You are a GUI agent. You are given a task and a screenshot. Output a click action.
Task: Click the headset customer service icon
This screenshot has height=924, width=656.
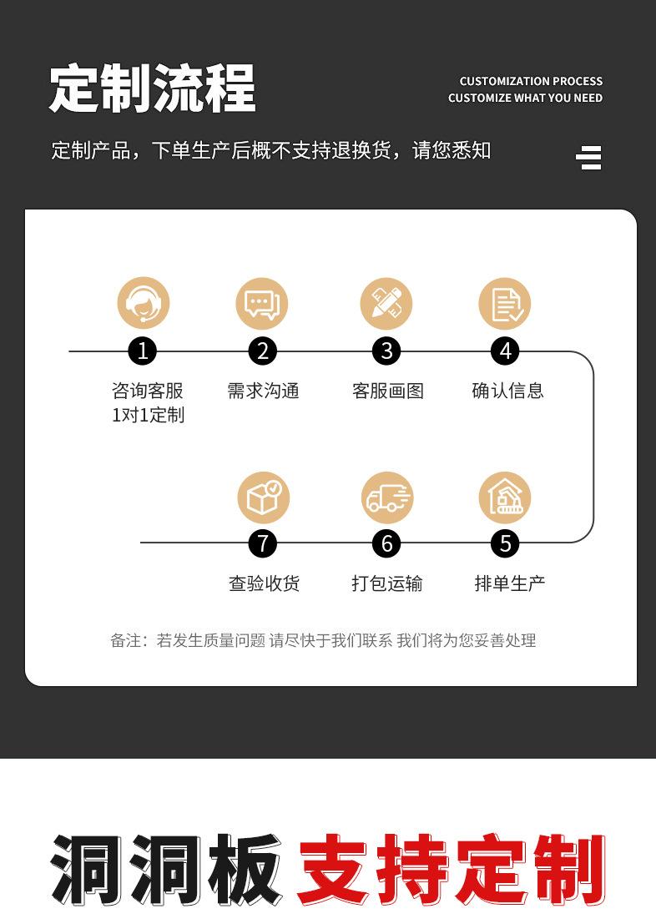[144, 303]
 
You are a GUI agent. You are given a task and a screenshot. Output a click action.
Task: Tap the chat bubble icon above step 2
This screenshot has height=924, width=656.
[262, 303]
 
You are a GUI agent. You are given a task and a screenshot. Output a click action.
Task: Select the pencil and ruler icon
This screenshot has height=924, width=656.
[386, 303]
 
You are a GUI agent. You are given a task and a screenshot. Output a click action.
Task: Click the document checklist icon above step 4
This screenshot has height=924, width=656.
[505, 303]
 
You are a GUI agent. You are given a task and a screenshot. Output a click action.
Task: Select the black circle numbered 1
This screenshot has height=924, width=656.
[143, 351]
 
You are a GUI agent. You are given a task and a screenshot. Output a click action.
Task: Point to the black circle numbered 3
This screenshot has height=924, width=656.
[386, 351]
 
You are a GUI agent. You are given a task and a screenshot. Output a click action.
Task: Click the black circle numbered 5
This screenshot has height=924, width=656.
[505, 543]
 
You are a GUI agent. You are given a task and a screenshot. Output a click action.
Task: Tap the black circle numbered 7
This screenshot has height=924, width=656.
[263, 543]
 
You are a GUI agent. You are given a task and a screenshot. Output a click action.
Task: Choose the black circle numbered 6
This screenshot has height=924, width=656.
[386, 543]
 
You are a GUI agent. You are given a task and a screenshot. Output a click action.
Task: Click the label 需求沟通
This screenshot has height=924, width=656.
[264, 391]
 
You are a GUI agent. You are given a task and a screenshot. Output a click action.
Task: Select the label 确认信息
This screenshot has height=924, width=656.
[507, 391]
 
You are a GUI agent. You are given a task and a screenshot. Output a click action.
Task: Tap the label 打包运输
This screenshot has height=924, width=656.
[387, 583]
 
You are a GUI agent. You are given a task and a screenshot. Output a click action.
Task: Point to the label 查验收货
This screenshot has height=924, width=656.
[264, 583]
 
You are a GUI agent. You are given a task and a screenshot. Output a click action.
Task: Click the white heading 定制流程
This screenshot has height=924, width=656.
[153, 88]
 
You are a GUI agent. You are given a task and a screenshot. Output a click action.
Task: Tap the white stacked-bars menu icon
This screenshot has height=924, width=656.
[588, 158]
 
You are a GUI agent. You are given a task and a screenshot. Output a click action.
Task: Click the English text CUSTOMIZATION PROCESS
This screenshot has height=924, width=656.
[531, 81]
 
